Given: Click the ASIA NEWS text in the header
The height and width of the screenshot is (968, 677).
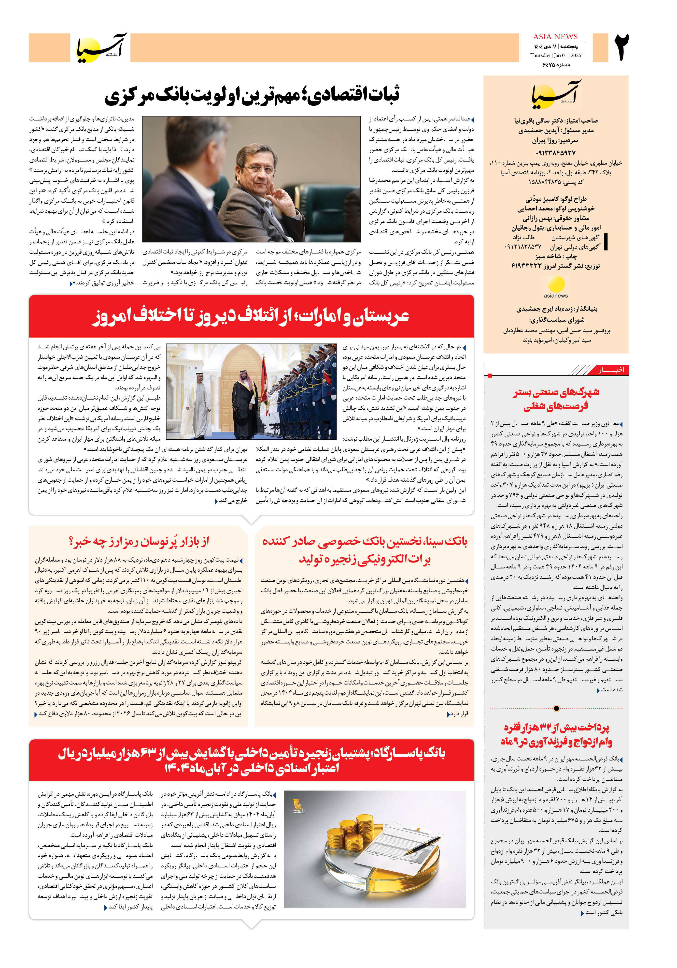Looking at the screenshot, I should (555, 37).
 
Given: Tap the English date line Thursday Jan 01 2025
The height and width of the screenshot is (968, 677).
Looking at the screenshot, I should (555, 55).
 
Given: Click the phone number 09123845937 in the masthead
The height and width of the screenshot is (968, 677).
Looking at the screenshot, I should (555, 153).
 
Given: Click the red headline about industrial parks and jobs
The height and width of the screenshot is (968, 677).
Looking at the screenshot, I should (556, 399).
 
